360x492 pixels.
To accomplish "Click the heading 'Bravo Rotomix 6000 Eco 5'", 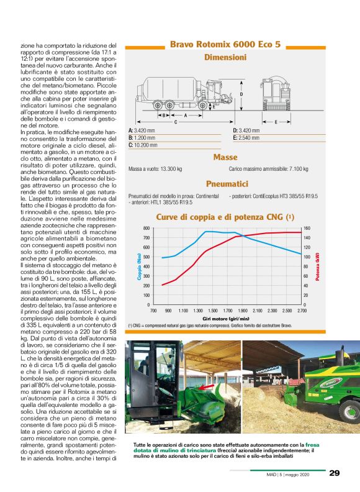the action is (226, 45).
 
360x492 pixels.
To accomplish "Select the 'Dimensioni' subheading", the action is (225, 57).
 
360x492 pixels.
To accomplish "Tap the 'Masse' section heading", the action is (225, 158).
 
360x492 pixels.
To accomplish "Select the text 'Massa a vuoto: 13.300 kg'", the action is (155, 169).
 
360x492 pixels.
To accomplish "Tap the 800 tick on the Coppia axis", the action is (146, 229).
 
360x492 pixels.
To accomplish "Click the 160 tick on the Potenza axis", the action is (307, 229).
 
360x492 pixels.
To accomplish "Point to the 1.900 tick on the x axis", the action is (243, 310).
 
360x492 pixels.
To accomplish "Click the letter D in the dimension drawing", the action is (241, 94).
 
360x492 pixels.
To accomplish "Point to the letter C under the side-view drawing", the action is (176, 122).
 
